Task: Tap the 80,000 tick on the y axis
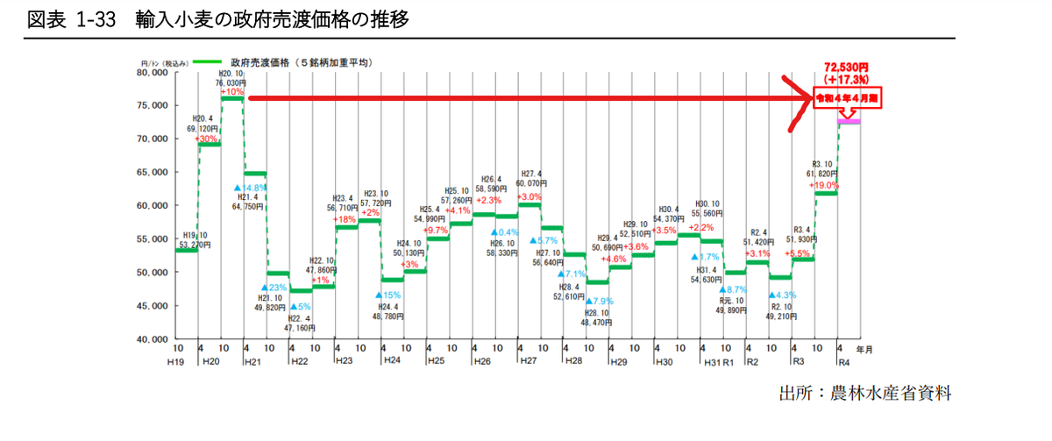pyautogui.click(x=153, y=73)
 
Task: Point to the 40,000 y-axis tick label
pyautogui.click(x=153, y=338)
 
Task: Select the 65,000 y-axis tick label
pyautogui.click(x=153, y=173)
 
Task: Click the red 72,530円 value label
pyautogui.click(x=846, y=67)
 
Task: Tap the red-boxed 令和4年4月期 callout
pyautogui.click(x=847, y=97)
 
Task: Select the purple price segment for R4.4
pyautogui.click(x=849, y=122)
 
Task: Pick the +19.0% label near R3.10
pyautogui.click(x=825, y=185)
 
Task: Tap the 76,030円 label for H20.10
pyautogui.click(x=231, y=82)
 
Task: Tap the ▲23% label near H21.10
pyautogui.click(x=274, y=288)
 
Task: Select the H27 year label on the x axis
pyautogui.click(x=528, y=361)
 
